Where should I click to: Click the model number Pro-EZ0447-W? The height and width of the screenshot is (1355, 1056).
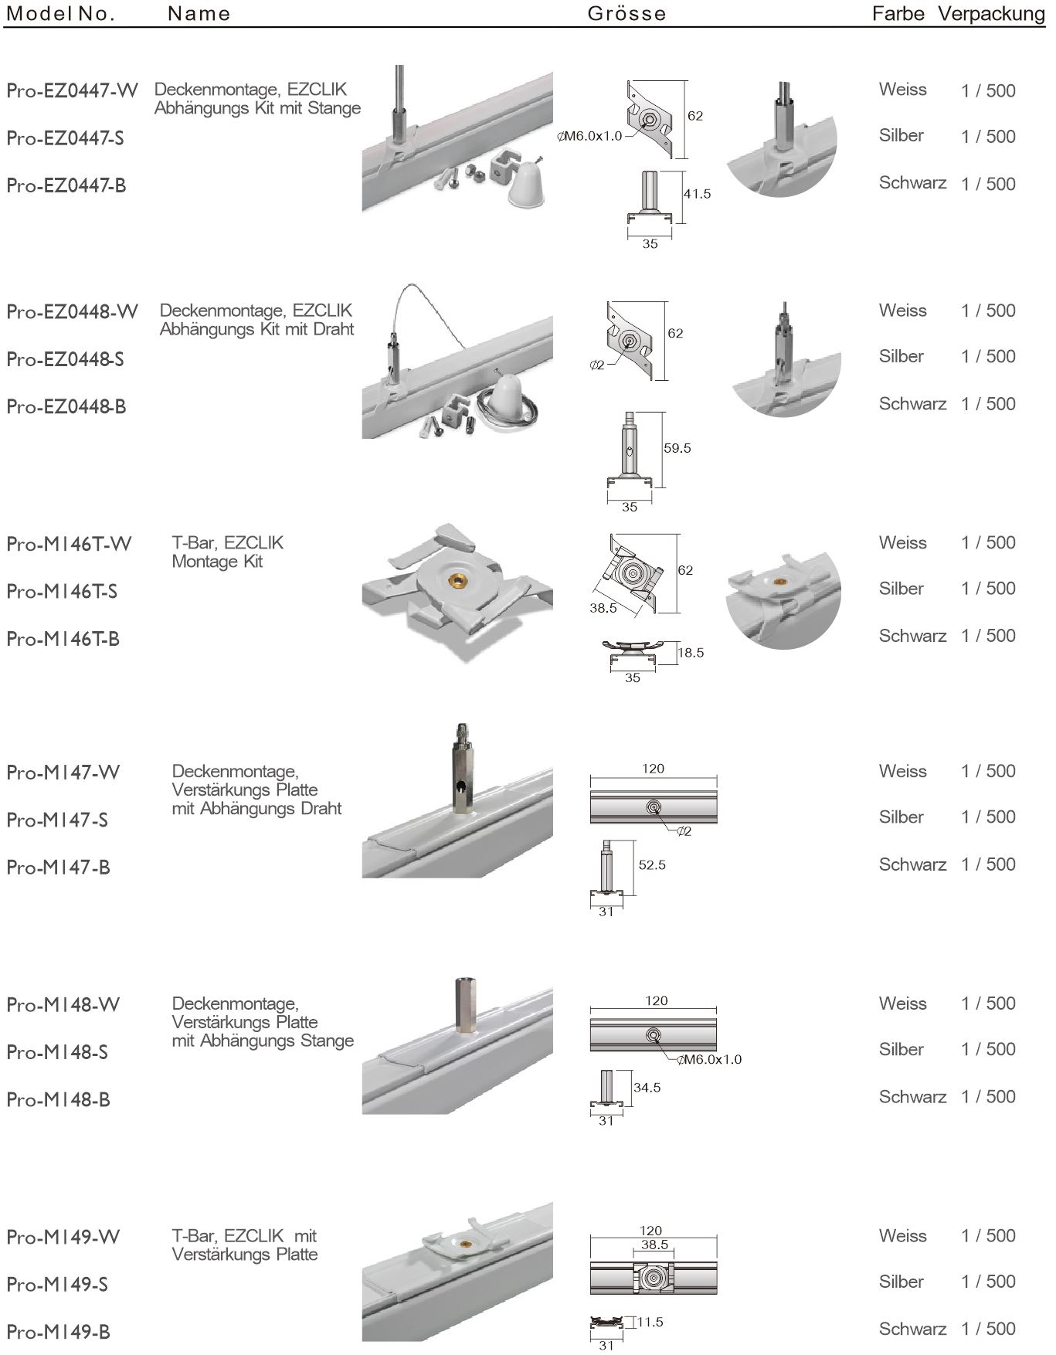point(72,91)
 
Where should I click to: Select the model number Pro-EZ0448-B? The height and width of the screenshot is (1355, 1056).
point(66,407)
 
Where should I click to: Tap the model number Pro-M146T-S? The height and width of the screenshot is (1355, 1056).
point(62,592)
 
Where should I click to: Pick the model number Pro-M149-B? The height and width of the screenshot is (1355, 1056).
point(58,1332)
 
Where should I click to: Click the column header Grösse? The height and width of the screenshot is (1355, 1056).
point(626,14)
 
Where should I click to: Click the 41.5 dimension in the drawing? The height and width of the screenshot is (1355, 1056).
point(696,194)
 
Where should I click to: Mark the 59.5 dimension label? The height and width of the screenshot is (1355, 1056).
point(677,448)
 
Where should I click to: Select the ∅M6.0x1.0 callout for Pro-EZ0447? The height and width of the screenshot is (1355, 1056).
point(590,137)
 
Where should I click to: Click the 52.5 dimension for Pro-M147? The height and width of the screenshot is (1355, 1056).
point(651,865)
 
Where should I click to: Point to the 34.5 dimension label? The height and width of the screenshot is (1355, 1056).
point(647,1088)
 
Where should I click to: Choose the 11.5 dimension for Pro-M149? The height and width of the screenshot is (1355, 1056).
point(650,1322)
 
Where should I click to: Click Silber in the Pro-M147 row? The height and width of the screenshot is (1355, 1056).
point(901,817)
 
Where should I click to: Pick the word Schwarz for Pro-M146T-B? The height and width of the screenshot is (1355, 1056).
point(912,637)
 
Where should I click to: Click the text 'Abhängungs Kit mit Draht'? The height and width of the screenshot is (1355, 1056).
point(256,329)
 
